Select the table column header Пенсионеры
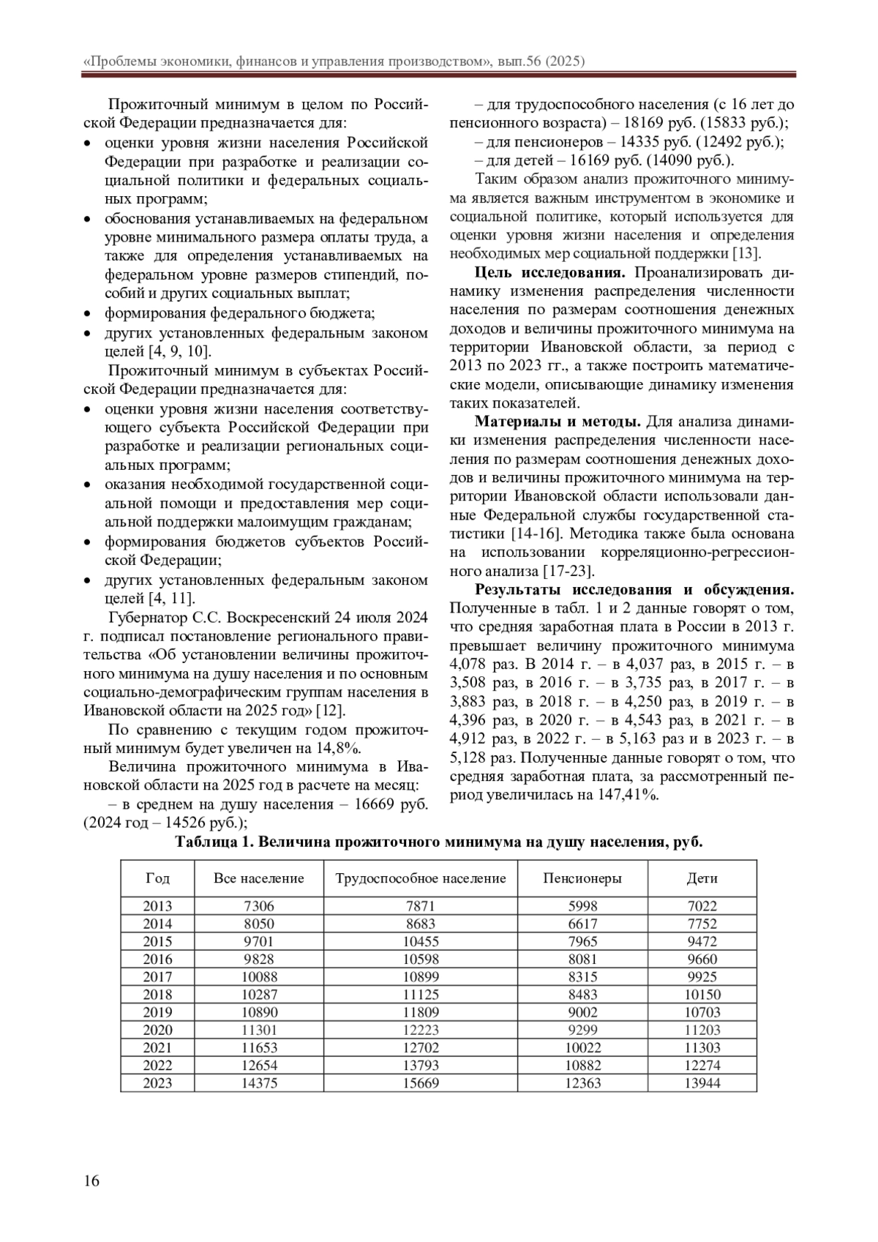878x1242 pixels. (582, 878)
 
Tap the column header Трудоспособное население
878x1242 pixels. (421, 878)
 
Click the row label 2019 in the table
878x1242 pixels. (157, 1012)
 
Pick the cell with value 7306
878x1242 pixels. (259, 906)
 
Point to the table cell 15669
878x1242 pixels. (421, 1083)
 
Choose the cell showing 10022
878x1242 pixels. (582, 1048)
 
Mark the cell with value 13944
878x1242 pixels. (702, 1083)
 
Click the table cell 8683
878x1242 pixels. (421, 924)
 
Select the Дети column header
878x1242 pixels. (702, 878)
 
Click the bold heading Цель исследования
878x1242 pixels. (550, 273)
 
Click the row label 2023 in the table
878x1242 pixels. (157, 1083)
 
